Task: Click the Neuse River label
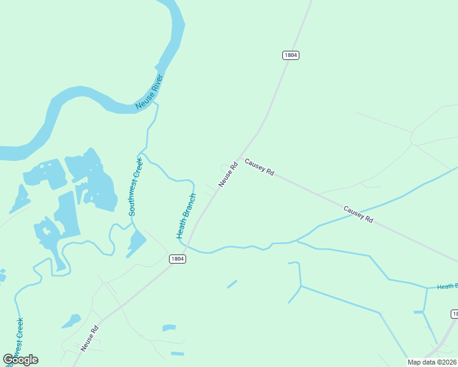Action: pos(149,92)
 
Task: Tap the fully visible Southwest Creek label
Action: pos(135,187)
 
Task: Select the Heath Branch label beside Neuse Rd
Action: pos(186,217)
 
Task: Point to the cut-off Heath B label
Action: pos(447,286)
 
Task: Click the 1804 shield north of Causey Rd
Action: pos(291,55)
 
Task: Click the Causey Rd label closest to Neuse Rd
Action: pos(259,166)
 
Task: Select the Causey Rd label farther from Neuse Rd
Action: pos(358,213)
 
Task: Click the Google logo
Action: pos(20,360)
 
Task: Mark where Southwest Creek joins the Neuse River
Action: pos(156,104)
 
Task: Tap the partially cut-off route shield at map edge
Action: pos(454,314)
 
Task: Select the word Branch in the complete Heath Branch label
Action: pos(189,206)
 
